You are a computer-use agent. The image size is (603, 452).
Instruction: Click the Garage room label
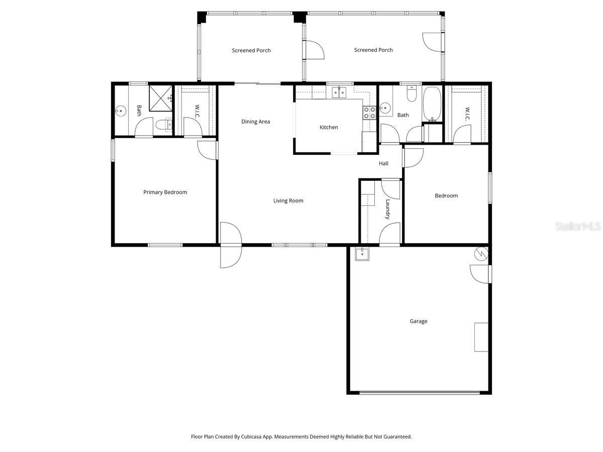point(418,321)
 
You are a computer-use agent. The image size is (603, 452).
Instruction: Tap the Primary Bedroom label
point(165,192)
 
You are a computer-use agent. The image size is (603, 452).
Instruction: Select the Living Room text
point(288,200)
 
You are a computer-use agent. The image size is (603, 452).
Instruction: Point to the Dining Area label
point(255,122)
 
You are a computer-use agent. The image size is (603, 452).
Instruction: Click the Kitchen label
point(329,128)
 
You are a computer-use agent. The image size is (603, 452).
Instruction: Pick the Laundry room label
point(387,209)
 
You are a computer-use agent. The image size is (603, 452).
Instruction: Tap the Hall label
point(383,164)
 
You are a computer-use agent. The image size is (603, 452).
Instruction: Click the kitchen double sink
point(339,92)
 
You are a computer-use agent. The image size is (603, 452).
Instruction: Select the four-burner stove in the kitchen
point(369,113)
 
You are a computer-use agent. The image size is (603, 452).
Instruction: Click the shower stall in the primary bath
point(161,98)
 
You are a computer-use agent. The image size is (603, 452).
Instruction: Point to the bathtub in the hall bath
point(432,104)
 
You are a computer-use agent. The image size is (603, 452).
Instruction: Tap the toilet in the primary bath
point(164,125)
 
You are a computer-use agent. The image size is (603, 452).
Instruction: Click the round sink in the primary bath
point(120,111)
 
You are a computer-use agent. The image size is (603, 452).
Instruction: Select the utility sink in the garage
point(362,254)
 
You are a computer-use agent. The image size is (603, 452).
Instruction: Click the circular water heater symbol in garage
point(481,254)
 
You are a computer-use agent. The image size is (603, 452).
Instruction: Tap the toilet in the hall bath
point(411,93)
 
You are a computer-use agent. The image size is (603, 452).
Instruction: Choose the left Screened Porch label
point(251,51)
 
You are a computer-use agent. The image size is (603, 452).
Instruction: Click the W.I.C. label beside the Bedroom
point(467,114)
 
